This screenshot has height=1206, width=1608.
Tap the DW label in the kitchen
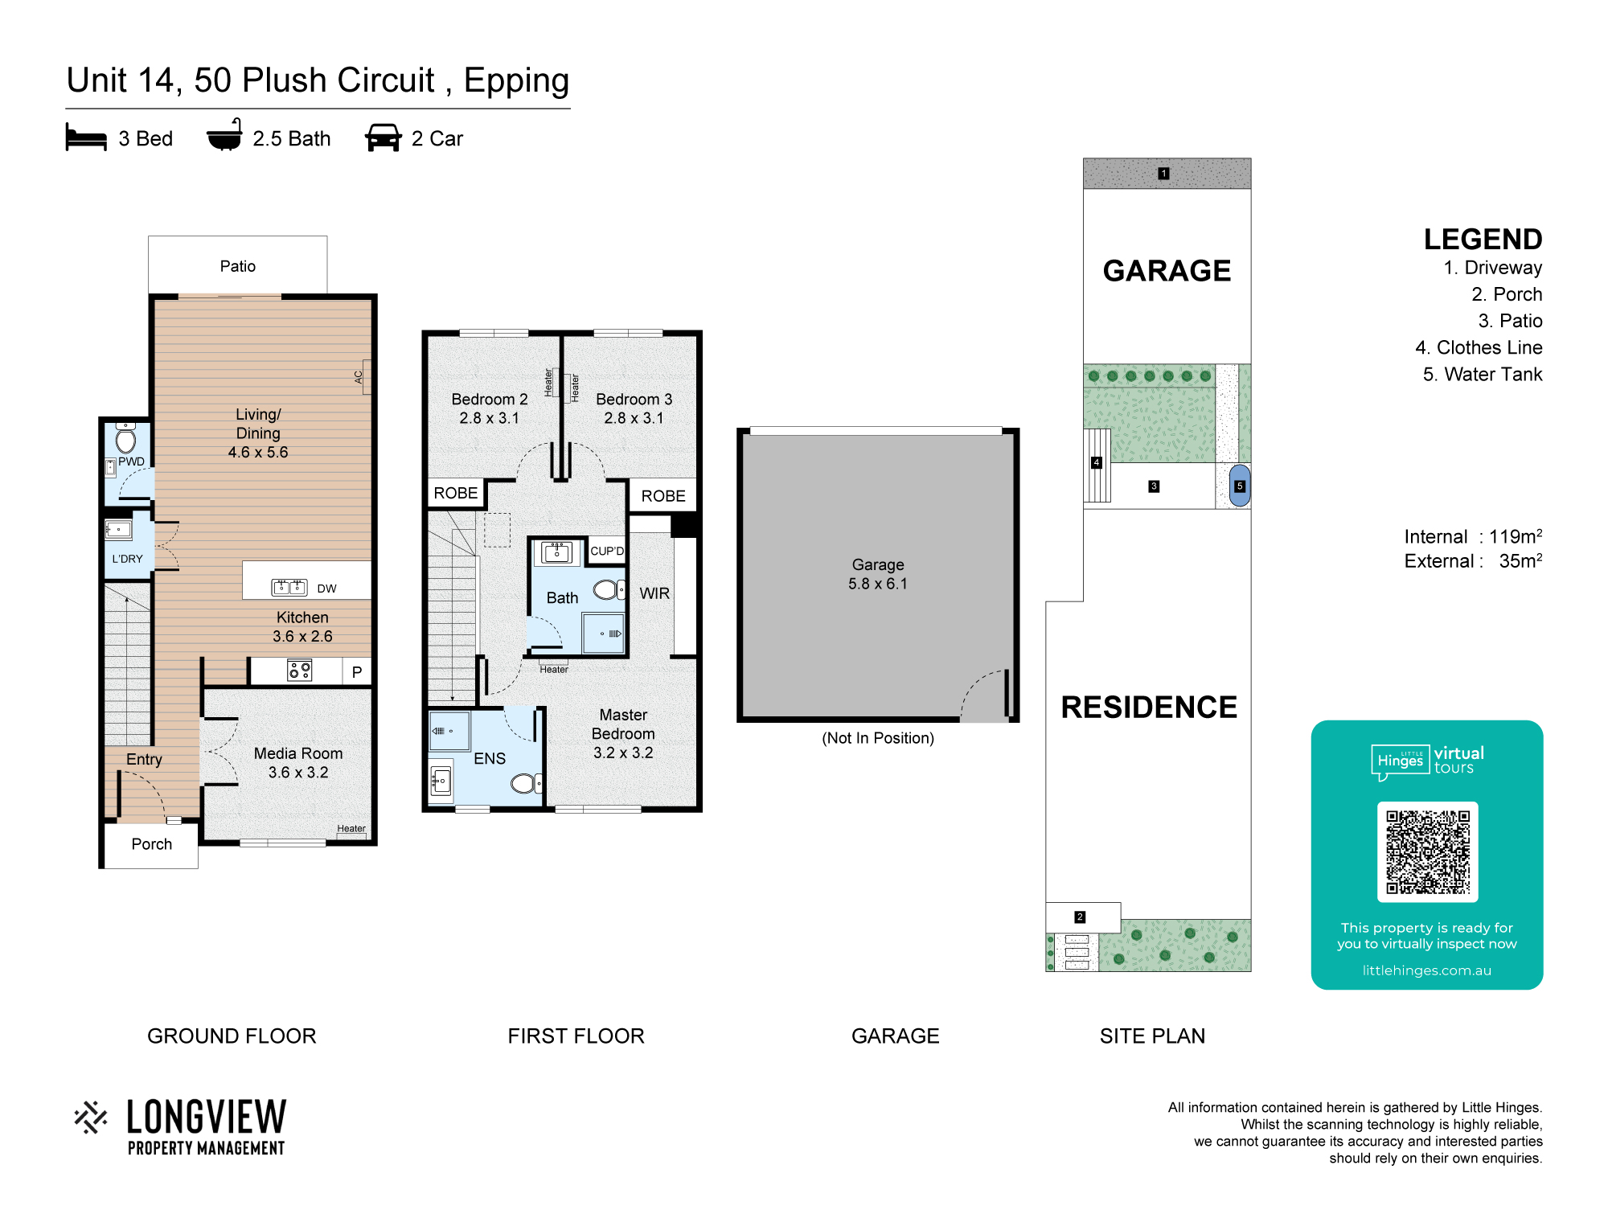point(326,589)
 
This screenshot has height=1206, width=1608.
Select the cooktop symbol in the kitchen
point(300,670)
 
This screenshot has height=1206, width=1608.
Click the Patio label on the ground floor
point(238,266)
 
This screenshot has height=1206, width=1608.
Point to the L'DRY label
point(127,559)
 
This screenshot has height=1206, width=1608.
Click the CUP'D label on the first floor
point(607,551)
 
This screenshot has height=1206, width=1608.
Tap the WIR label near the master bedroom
point(654,593)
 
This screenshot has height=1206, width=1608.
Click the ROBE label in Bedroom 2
point(455,493)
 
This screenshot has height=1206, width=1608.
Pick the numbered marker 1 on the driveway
point(1163,173)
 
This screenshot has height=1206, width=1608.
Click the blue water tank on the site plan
point(1240,486)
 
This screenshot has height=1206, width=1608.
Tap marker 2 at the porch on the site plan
point(1080,917)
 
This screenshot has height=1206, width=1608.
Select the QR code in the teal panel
point(1427,851)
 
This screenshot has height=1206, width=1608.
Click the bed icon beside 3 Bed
point(86,137)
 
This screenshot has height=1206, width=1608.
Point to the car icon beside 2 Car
point(384,137)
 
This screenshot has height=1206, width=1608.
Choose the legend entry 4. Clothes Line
point(1479,347)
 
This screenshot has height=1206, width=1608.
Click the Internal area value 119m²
point(1516,536)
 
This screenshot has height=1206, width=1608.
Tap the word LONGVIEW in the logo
point(207,1117)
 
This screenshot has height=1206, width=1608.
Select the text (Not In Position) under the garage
point(878,738)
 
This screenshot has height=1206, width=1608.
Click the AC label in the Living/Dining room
point(359,376)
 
